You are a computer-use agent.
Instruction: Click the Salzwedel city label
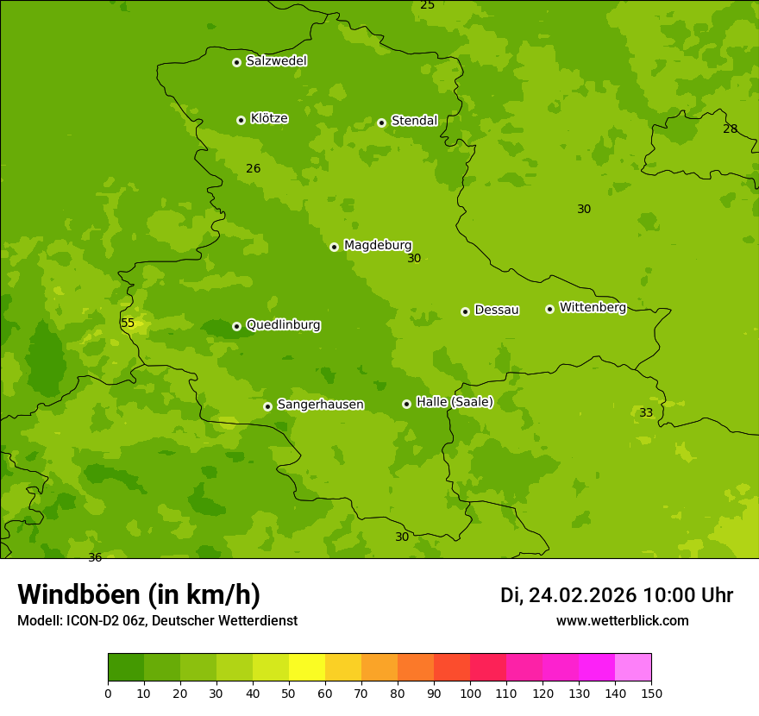276,61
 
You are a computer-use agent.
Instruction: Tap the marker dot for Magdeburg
334,247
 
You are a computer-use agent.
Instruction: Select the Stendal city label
414,121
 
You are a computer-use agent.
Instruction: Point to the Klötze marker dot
241,120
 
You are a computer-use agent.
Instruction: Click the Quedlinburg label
283,325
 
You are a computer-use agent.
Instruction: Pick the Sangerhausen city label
320,405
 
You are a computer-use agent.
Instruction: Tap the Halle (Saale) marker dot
406,404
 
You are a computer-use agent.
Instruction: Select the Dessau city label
496,310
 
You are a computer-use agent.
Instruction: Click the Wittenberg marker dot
549,309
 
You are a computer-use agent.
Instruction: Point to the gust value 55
128,323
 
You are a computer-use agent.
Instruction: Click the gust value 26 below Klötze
253,169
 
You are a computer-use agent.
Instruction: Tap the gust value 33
646,413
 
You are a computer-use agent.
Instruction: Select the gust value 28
730,129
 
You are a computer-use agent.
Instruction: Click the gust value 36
95,557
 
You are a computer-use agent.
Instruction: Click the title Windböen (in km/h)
139,594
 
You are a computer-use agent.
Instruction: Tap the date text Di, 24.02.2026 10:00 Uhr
616,595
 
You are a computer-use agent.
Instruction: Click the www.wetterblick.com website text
622,621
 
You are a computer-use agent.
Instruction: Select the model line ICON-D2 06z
157,621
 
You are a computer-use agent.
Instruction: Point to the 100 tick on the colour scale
470,693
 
